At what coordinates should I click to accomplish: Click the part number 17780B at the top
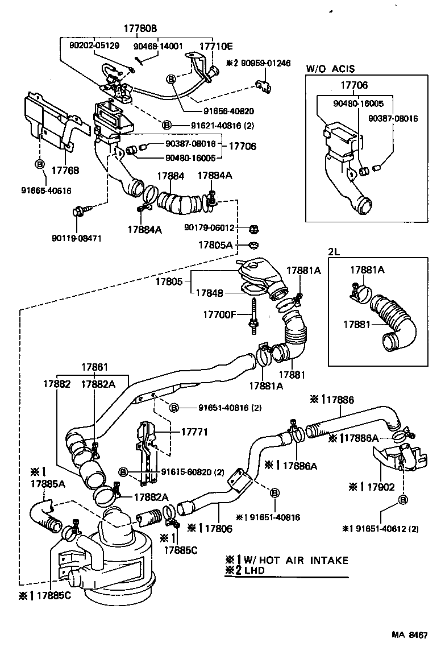click(x=140, y=28)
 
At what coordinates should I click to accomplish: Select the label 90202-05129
click(x=95, y=46)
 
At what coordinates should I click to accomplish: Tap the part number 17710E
click(x=215, y=46)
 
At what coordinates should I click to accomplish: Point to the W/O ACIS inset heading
click(x=330, y=69)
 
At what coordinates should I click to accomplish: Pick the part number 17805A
click(x=215, y=245)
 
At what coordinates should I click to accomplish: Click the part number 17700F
click(x=219, y=313)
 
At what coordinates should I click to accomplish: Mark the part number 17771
click(x=194, y=432)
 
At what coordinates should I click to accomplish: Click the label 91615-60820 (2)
click(x=185, y=472)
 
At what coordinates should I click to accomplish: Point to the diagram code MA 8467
click(x=408, y=635)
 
